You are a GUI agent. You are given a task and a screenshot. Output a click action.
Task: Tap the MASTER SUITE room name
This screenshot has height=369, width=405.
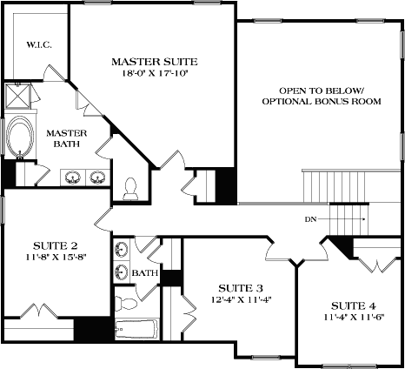click(x=155, y=62)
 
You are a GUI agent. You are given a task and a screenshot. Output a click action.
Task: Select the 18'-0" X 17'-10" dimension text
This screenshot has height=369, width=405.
click(x=155, y=74)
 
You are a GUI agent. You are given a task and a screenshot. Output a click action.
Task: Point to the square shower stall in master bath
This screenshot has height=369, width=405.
click(x=17, y=95)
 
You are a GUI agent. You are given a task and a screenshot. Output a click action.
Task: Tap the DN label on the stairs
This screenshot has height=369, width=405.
click(x=311, y=219)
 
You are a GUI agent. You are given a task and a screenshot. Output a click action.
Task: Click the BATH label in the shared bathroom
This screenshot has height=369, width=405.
click(x=144, y=273)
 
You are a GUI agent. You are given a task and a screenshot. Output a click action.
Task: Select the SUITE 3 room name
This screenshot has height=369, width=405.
click(x=241, y=288)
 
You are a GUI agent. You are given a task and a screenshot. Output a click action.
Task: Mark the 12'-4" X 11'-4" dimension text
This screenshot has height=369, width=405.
click(x=241, y=300)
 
